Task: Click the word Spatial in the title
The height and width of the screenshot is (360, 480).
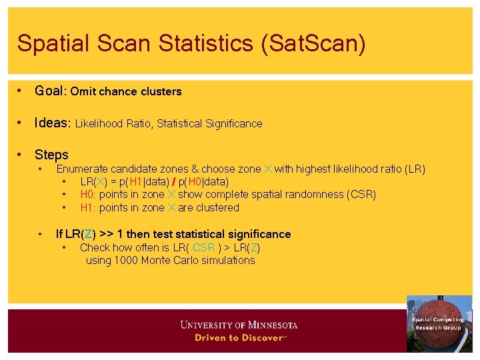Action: coord(49,43)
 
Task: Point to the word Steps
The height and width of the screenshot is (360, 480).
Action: coord(51,155)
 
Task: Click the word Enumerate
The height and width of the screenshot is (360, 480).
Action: coord(82,169)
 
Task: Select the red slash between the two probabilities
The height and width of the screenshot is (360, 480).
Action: coord(173,181)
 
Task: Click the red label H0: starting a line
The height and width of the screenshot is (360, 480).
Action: coord(89,195)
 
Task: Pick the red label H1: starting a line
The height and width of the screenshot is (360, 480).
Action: coord(89,207)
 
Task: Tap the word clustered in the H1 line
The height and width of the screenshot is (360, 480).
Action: coord(217,207)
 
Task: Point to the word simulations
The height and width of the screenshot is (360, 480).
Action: coord(227,260)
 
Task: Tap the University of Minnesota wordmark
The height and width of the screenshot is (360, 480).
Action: coord(239,325)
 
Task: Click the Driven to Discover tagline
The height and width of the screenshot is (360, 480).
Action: coord(240,337)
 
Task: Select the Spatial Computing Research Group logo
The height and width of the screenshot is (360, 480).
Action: coord(438,323)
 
